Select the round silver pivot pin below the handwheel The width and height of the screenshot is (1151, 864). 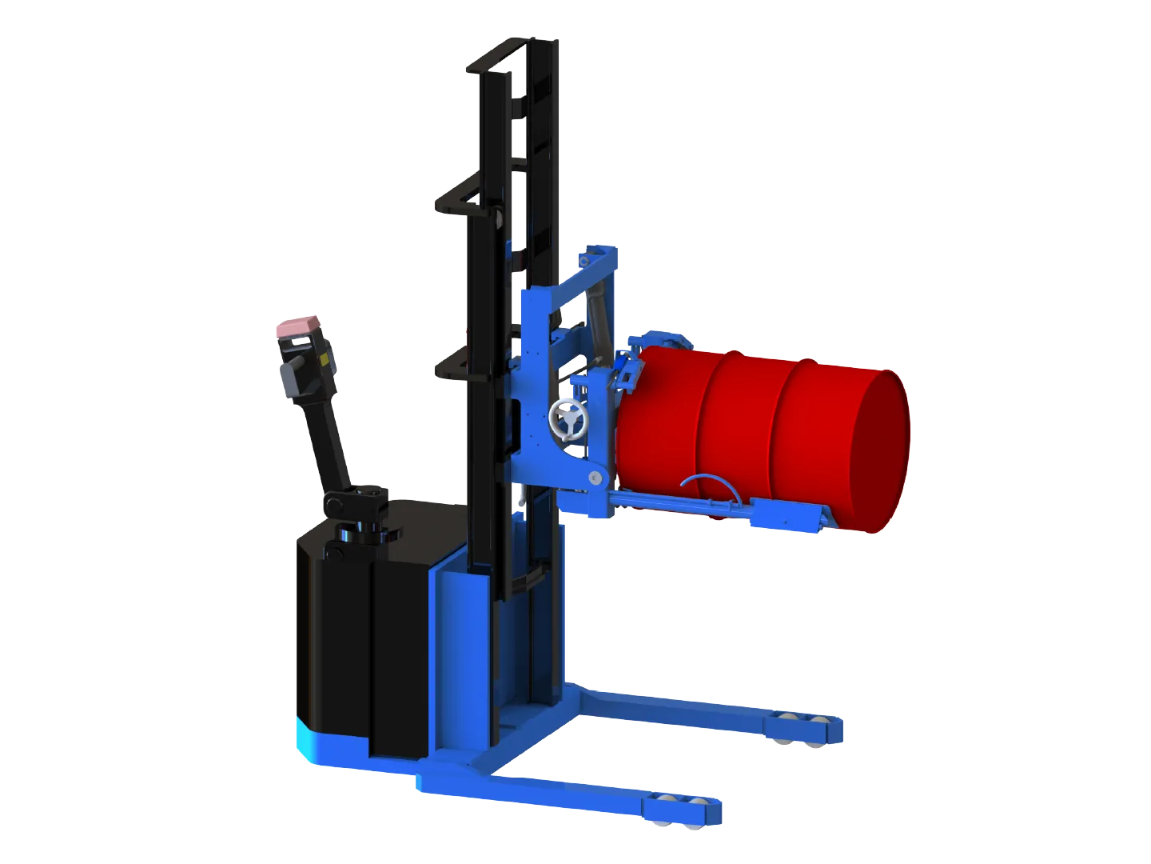pos(595,477)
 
